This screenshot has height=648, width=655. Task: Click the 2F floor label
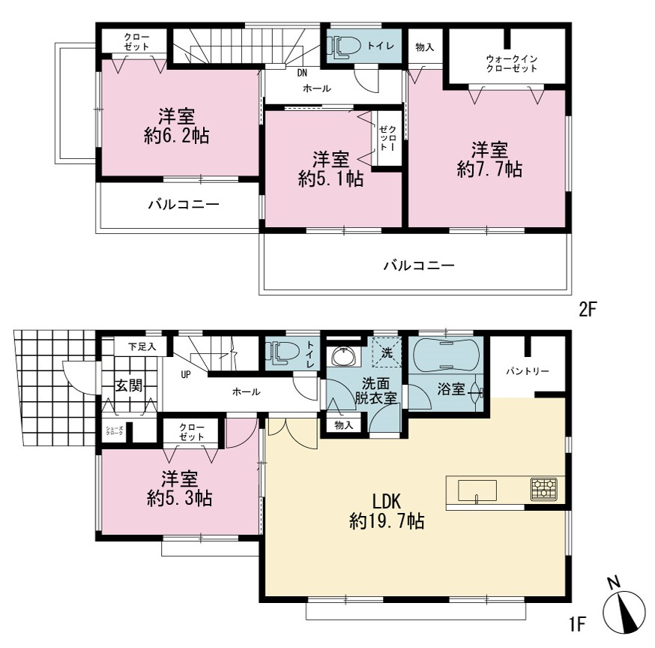coord(587,310)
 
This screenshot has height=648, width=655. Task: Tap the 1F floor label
coord(576,624)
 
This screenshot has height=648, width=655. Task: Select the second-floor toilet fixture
coord(345,46)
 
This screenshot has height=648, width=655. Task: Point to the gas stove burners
coord(544,489)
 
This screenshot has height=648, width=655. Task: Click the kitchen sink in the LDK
coord(477,490)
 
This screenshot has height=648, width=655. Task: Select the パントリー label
coord(527,371)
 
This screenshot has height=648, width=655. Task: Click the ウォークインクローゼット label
coord(512,64)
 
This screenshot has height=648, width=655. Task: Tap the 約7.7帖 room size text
coord(489,169)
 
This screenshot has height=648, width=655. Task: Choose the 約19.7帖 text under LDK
coord(387,521)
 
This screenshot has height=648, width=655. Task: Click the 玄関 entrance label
coord(129,385)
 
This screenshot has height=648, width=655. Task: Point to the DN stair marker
coord(302,73)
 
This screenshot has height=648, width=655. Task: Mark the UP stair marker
coord(186,374)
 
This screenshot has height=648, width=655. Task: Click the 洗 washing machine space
coord(387,352)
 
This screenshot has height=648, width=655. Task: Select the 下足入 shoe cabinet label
coord(142,346)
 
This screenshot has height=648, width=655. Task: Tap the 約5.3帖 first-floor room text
coord(180,498)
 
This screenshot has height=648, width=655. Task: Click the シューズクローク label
coord(115,430)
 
